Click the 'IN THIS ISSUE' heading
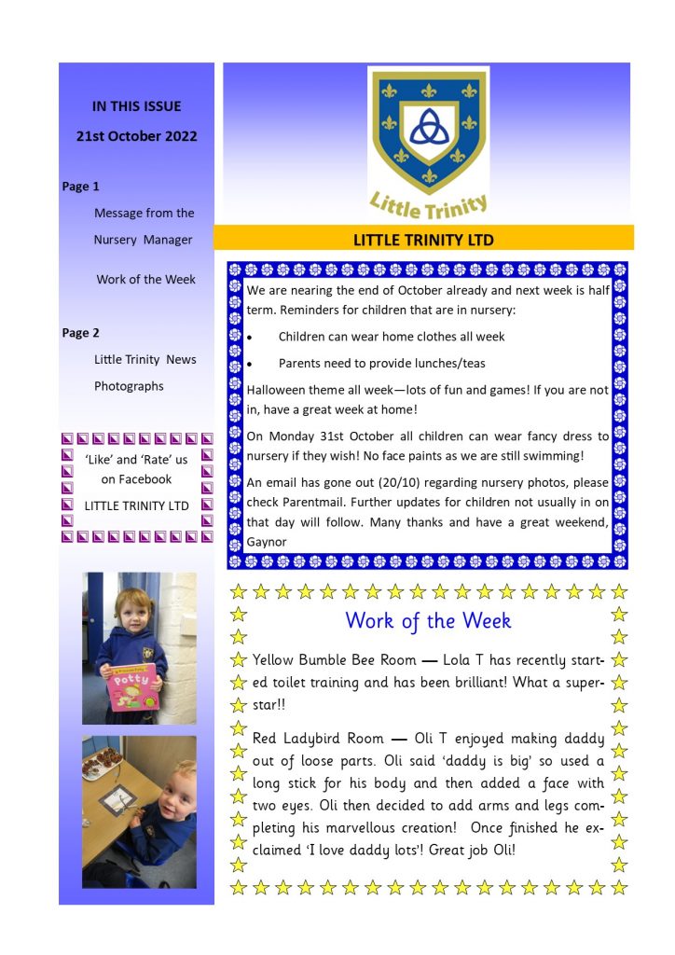point(136,106)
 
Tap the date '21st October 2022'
point(136,136)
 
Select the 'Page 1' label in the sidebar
point(81,187)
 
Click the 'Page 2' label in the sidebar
point(81,333)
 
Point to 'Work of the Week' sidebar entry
point(145,280)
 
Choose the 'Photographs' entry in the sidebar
point(129,386)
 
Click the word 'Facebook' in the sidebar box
point(136,479)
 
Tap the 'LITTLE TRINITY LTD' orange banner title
point(423,240)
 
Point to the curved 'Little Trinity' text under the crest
point(429,202)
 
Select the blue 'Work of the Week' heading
point(428,620)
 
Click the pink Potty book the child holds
point(132,686)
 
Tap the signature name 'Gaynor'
point(267,542)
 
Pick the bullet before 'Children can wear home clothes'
point(249,337)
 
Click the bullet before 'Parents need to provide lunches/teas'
point(249,364)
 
